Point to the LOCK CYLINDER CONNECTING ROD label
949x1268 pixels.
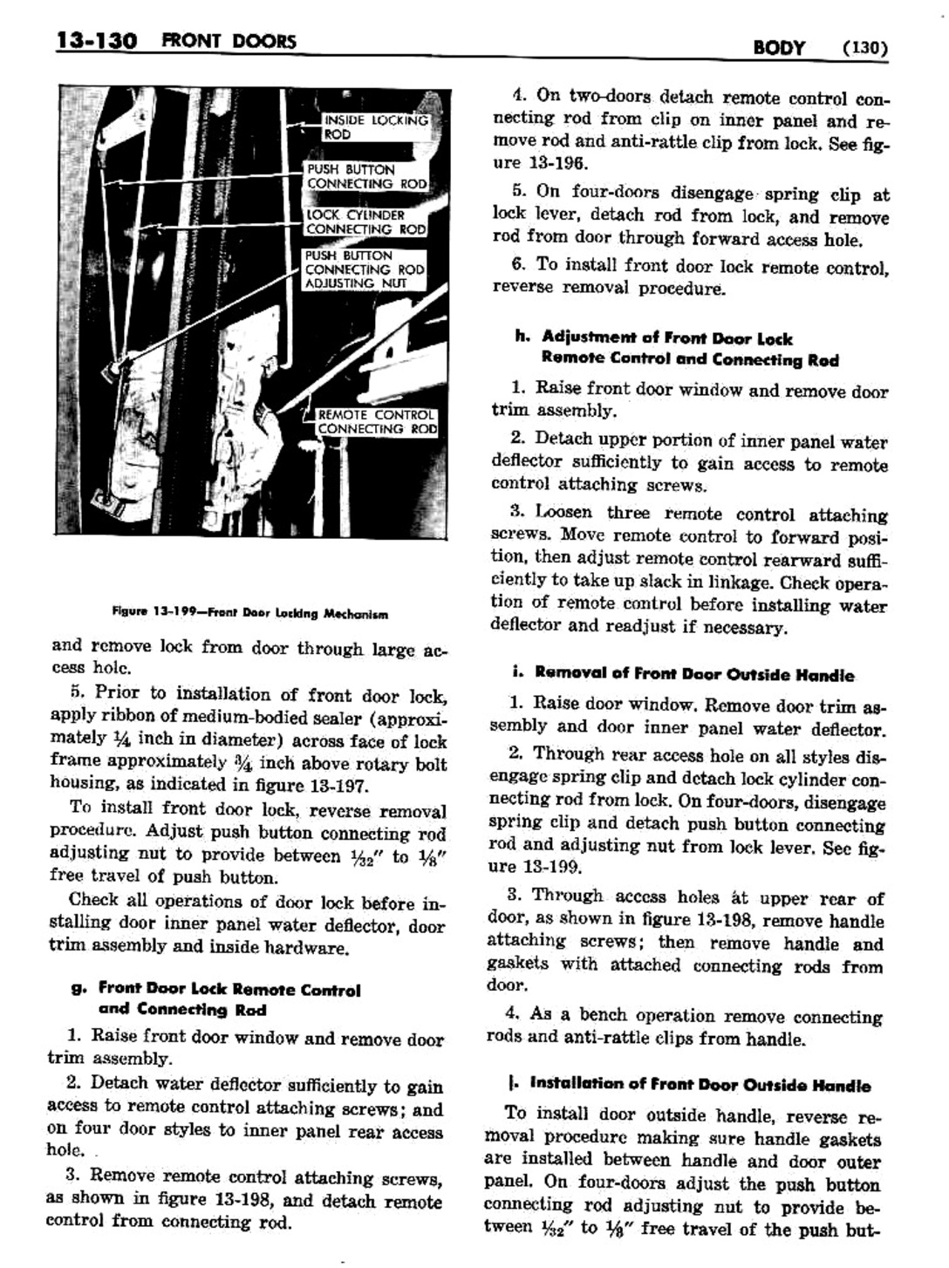[365, 222]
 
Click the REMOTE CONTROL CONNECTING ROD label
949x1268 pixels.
[376, 422]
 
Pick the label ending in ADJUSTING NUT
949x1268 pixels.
[364, 269]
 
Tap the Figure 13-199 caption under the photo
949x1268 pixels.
[250, 613]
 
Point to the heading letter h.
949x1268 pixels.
[522, 337]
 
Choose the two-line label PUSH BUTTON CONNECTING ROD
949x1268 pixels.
[366, 176]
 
